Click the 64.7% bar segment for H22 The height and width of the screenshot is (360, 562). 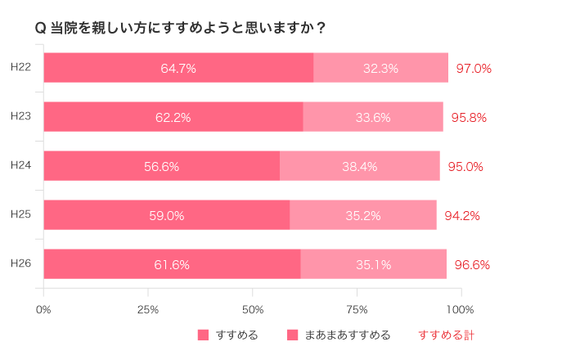[178, 68]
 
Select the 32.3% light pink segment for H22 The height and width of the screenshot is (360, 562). [380, 68]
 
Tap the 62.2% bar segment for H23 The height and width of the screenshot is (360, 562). [173, 117]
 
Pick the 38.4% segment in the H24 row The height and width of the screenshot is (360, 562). [359, 166]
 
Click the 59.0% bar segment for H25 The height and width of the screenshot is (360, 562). [166, 215]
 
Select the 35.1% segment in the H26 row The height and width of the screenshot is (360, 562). [373, 264]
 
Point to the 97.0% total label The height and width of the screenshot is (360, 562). [474, 69]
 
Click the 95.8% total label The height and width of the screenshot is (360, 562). [469, 118]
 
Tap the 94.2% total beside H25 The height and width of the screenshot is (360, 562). [462, 216]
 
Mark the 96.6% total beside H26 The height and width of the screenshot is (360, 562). [472, 265]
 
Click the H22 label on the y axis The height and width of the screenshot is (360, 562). [20, 66]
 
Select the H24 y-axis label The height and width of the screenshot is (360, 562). [20, 164]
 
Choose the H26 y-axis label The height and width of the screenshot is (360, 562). [20, 263]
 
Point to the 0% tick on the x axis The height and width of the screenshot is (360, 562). [43, 309]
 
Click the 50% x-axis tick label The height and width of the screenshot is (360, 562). [253, 309]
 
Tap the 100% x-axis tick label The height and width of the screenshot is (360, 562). [461, 309]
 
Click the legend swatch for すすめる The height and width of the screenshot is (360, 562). [204, 335]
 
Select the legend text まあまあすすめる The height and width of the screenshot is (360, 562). [348, 335]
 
